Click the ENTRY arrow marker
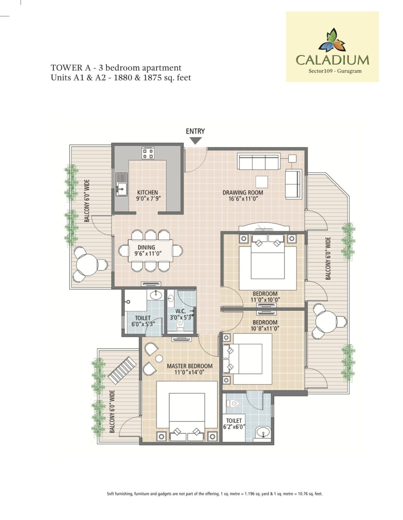coord(195,141)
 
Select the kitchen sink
coord(121,184)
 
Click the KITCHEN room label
coord(147,193)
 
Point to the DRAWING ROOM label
coord(243,193)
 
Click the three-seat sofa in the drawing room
coord(259,161)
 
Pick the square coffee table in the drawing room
coord(262,182)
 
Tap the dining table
coord(150,251)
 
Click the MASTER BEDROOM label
coord(190,366)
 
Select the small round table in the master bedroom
coord(159,358)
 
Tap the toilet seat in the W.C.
coord(180,325)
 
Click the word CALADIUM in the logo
coord(332,60)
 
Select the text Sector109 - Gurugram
coord(335,71)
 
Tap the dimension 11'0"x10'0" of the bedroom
coord(265,299)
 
